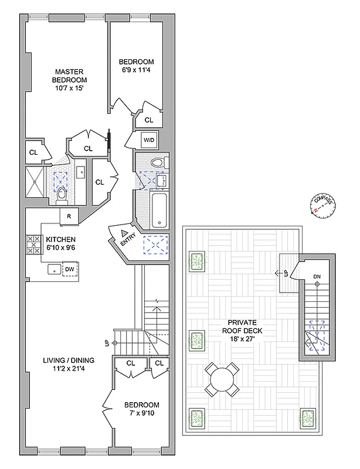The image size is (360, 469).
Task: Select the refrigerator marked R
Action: [x=70, y=216]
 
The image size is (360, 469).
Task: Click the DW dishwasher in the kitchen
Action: [x=69, y=270]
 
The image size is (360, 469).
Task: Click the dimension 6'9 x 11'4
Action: [x=136, y=72]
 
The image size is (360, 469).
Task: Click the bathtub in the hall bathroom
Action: [x=158, y=209]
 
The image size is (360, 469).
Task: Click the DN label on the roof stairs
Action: [x=317, y=276]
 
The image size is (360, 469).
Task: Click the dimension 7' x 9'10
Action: [x=141, y=414]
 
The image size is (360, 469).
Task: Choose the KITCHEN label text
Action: [x=62, y=239]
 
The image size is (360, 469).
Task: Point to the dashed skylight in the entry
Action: [x=155, y=244]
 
